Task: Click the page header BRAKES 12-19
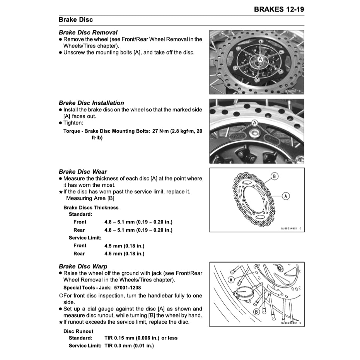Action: (x=279, y=9)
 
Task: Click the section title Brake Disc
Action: (x=76, y=20)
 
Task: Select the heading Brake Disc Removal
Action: (x=88, y=32)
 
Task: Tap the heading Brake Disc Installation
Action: (x=91, y=103)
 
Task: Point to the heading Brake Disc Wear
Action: (x=83, y=172)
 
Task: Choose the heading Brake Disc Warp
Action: (x=83, y=266)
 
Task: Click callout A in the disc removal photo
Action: (x=260, y=58)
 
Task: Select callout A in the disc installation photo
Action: (x=254, y=123)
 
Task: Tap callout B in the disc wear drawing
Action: (x=274, y=177)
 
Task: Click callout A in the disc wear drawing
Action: (x=286, y=196)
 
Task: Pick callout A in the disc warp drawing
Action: (x=231, y=280)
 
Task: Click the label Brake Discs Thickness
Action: (x=91, y=208)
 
